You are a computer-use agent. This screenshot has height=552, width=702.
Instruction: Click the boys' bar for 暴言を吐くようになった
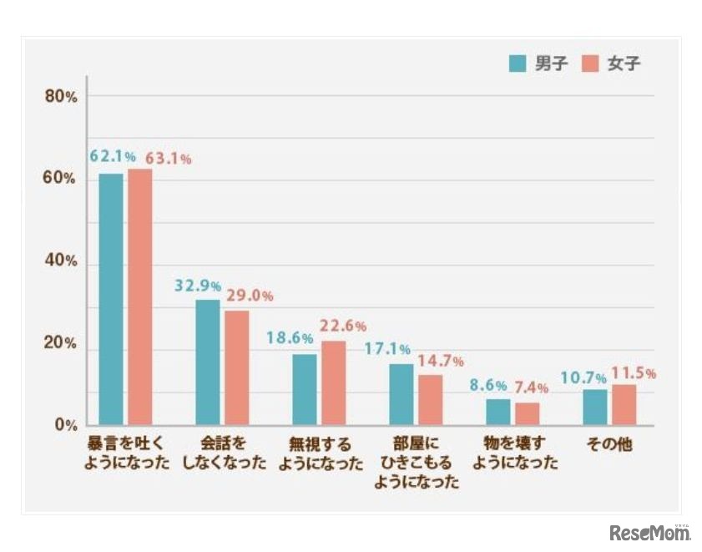(111, 299)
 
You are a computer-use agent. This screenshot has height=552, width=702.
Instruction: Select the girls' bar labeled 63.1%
(139, 296)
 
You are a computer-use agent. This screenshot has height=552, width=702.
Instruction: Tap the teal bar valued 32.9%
(208, 362)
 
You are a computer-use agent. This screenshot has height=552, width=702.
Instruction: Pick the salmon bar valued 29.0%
(236, 367)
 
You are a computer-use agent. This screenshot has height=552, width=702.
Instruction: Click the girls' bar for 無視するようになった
(333, 382)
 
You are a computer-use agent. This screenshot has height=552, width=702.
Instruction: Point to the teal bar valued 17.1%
(402, 394)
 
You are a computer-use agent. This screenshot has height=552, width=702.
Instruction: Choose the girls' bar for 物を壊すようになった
(527, 414)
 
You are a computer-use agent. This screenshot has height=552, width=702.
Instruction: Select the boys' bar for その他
(595, 408)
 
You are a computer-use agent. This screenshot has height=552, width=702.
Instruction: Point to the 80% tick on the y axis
(60, 97)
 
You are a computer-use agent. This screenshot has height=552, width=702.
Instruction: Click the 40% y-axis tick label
(60, 261)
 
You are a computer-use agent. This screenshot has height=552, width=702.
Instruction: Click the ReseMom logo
(650, 532)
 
